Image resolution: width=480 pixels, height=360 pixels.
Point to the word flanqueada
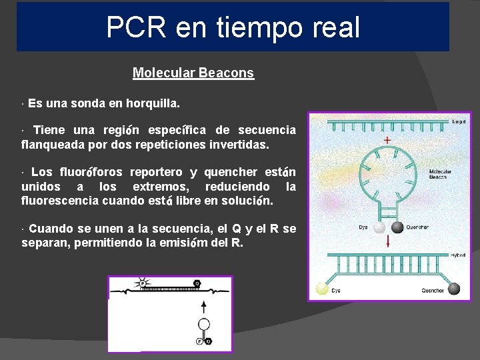pos(51,144)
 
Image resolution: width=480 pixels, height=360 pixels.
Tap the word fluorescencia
pos(61,200)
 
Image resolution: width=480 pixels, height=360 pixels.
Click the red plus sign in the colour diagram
pos(387,141)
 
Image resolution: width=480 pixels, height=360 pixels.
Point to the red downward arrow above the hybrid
pos(388,241)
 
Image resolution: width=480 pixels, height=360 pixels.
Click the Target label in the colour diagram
pos(458,122)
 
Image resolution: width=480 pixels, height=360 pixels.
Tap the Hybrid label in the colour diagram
pos(457,255)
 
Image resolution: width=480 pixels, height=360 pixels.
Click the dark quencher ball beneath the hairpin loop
pos(397,227)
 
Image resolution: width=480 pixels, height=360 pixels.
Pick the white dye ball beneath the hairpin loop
pos(379,227)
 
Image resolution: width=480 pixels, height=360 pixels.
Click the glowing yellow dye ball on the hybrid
pos(323,289)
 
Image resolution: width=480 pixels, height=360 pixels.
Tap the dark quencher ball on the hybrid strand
pos(455,289)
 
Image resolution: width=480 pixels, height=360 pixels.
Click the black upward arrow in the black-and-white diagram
pos(204,307)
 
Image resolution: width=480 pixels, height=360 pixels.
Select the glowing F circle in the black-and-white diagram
pos(142,283)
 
